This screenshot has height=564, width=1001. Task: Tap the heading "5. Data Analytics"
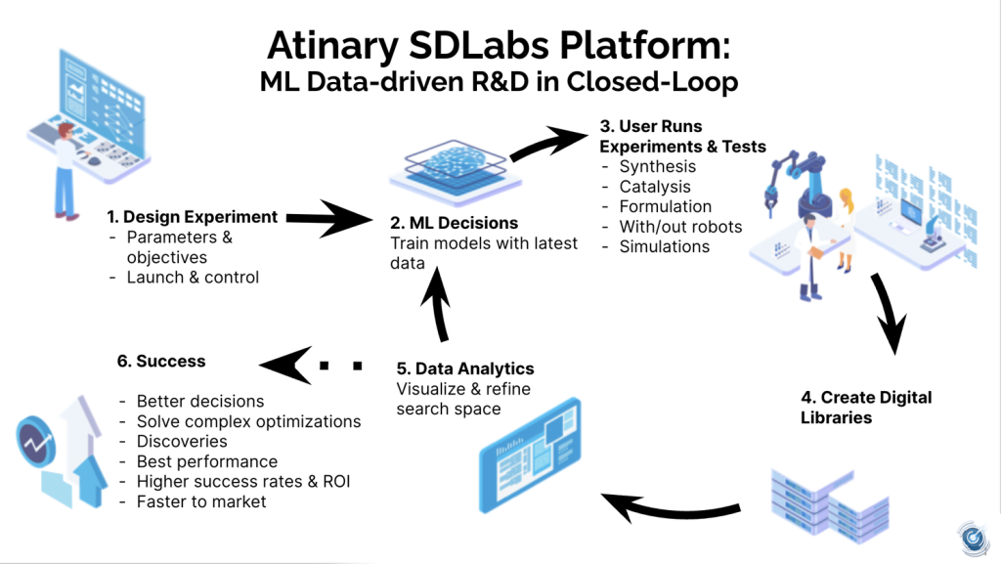[465, 369]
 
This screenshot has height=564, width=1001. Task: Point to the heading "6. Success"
[161, 361]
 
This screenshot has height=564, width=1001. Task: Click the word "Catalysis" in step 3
[655, 187]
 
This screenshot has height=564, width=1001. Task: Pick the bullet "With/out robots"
[680, 227]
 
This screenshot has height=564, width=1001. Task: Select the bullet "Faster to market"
[201, 501]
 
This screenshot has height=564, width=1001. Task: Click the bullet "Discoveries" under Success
[182, 441]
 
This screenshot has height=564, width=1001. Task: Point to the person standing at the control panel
[65, 168]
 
